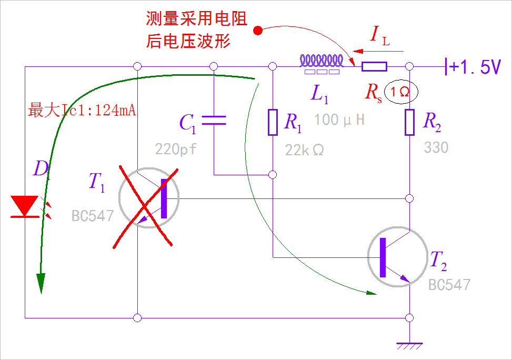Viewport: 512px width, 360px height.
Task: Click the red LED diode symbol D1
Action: (25, 206)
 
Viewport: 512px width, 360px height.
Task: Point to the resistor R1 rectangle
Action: (273, 122)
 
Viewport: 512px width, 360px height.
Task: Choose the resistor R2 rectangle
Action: (410, 122)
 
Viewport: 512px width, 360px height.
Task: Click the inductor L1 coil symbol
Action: (322, 62)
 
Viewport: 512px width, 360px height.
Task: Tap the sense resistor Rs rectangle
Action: (374, 66)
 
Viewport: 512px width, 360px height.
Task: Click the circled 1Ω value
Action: (400, 92)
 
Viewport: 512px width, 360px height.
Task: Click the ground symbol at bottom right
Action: (409, 346)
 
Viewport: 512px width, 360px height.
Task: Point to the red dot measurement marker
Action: (258, 31)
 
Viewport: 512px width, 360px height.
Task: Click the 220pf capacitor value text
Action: (176, 149)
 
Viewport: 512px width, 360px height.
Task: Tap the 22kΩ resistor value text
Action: (305, 150)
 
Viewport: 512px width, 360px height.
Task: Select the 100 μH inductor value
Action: (339, 120)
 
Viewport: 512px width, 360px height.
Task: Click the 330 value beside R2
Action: (436, 147)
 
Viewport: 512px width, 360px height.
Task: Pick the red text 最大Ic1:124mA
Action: (83, 111)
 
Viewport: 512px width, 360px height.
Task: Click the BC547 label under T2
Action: (449, 285)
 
